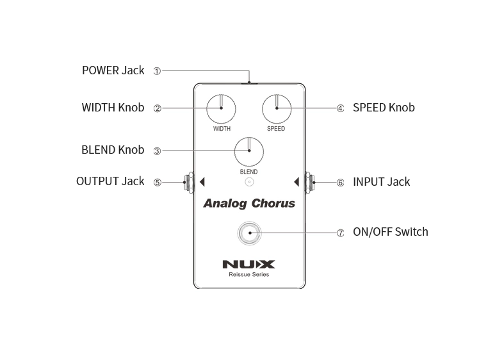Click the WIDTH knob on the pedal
tap(222, 108)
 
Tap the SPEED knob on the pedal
tap(277, 108)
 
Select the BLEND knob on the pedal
tap(249, 151)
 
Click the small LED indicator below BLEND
tap(249, 182)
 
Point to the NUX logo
tap(248, 264)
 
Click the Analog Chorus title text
tap(249, 204)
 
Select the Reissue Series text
tap(248, 275)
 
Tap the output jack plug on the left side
tap(189, 182)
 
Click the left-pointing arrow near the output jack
tap(202, 182)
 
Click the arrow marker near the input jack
tap(296, 182)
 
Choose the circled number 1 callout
tap(157, 71)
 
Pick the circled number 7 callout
tap(341, 233)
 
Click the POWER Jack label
tap(113, 70)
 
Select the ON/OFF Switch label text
tap(390, 232)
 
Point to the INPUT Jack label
tap(381, 182)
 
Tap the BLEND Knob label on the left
tap(113, 150)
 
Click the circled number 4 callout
tap(341, 108)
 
